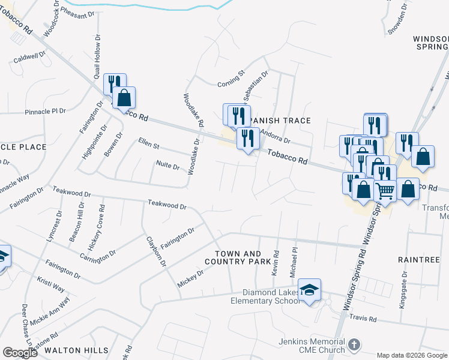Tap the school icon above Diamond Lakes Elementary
tap(309, 290)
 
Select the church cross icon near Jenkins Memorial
tap(354, 345)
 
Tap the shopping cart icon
tap(385, 190)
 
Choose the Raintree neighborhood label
tap(419, 259)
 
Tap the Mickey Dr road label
tap(191, 277)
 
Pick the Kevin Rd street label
tap(276, 264)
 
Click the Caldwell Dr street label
tap(30, 58)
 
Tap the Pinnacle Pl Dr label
tap(45, 112)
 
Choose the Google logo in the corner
tap(20, 353)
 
